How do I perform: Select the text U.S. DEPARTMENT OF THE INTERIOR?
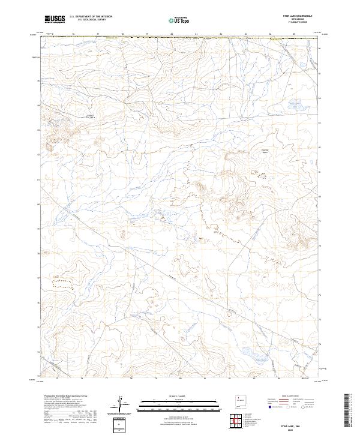tap(91, 17)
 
